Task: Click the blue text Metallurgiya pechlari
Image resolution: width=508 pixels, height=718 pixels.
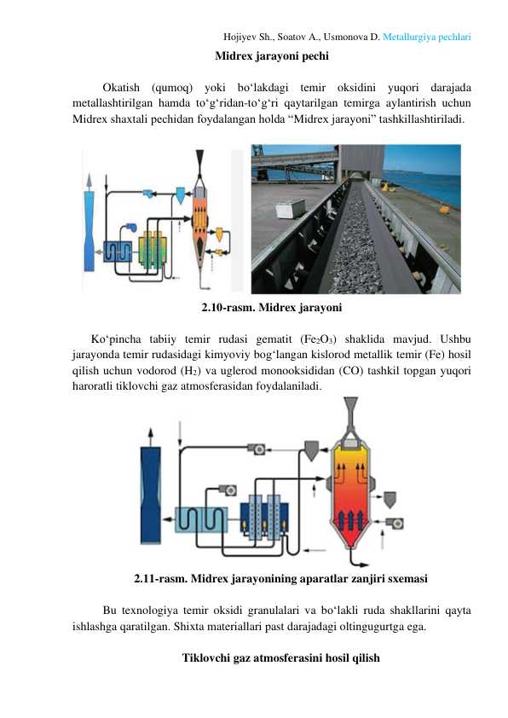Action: (426, 37)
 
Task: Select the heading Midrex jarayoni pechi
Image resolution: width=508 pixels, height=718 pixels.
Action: (272, 56)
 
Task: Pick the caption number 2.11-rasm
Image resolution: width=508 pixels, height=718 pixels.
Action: (160, 578)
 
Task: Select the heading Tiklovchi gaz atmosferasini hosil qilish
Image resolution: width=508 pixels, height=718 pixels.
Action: (281, 658)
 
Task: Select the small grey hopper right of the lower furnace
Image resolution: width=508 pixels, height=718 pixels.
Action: (390, 500)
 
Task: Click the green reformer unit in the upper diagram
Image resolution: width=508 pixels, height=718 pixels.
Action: (153, 250)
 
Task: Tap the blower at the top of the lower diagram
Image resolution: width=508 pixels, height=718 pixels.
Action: (257, 449)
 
